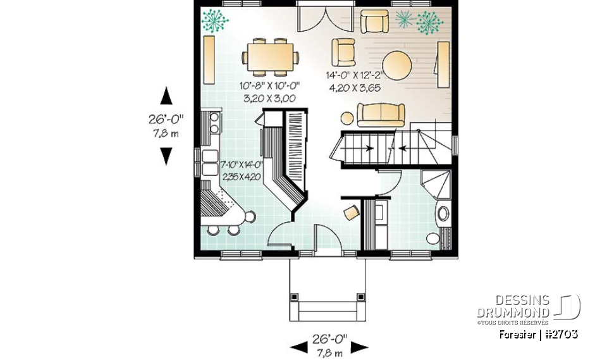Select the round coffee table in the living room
click(x=398, y=64)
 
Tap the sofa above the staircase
click(x=381, y=114)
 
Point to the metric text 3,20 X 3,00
click(x=269, y=98)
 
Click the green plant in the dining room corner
click(x=216, y=21)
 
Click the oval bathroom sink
click(x=444, y=213)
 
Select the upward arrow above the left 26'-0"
click(x=166, y=96)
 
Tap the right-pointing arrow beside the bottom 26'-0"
click(x=360, y=346)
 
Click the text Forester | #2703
click(x=537, y=334)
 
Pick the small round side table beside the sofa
click(x=346, y=118)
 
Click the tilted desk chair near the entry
click(x=350, y=212)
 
